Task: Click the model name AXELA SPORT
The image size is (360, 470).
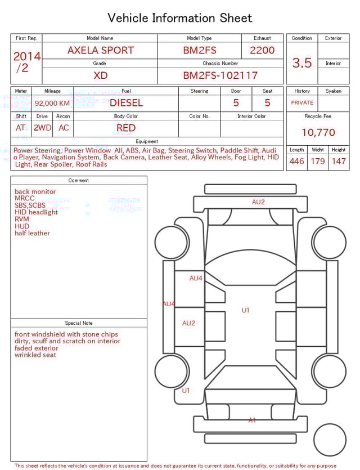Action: point(100,50)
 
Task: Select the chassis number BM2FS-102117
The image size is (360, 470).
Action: point(220,75)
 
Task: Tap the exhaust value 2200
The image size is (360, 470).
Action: point(262,50)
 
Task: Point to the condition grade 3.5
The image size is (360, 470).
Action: point(302,63)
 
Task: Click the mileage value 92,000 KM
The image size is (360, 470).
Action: point(52,103)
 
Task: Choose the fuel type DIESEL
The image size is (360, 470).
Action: point(126,103)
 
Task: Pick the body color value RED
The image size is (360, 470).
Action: point(126,128)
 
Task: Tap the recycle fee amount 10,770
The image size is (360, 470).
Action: point(318,133)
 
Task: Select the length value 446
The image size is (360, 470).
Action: point(296,162)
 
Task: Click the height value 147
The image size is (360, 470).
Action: point(339,162)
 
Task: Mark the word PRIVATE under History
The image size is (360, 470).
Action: point(302,103)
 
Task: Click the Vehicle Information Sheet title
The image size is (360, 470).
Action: point(180,18)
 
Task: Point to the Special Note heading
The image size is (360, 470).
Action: point(79,323)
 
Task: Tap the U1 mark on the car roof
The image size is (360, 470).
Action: point(245,310)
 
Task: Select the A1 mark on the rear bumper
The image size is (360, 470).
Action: point(252,420)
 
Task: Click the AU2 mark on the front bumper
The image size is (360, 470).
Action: point(258,202)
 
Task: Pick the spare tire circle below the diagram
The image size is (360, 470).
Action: point(330,440)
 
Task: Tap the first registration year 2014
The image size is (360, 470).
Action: point(26,56)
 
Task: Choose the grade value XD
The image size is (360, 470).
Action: point(100,75)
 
